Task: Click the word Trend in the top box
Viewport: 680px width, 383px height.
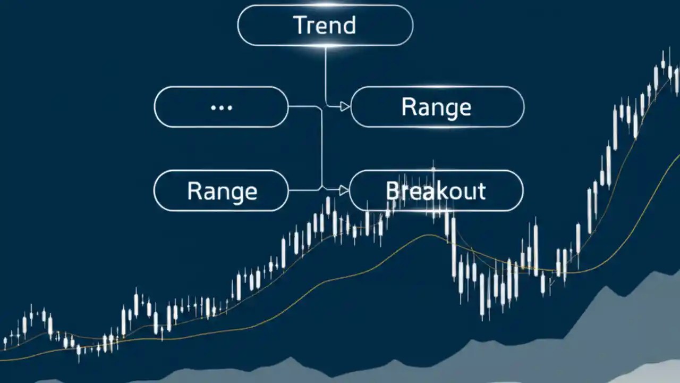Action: pos(325,25)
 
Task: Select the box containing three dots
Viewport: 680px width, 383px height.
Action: pos(221,107)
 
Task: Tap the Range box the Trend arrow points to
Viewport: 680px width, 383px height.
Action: pos(437,107)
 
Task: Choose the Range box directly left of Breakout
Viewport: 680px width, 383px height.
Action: pos(221,190)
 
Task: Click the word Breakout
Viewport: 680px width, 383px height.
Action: pos(436,190)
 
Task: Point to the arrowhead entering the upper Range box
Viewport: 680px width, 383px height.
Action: pos(345,107)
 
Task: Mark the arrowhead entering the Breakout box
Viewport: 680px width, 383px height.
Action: pos(344,189)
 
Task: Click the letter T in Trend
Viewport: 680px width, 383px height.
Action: pos(299,25)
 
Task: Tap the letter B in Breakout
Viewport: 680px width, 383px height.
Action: pos(392,190)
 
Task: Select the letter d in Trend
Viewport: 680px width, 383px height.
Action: pos(350,25)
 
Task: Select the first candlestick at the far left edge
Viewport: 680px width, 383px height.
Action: pos(5,343)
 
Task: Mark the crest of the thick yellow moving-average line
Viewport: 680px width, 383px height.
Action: pos(428,235)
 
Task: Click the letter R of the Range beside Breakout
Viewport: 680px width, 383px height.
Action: pos(193,191)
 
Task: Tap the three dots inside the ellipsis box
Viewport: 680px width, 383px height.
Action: pos(221,107)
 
